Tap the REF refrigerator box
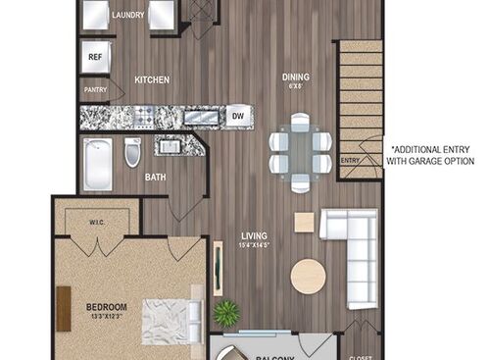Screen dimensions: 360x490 [x=95, y=57]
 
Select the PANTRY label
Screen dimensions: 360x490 [x=95, y=90]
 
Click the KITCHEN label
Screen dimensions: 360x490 [x=152, y=79]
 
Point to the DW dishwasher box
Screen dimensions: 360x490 [x=237, y=117]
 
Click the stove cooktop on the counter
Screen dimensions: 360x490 [x=145, y=119]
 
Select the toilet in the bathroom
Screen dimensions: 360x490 [x=132, y=152]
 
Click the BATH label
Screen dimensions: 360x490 [x=155, y=178]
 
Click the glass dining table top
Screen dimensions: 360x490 [x=301, y=150]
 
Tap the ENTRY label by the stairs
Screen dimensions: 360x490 [x=350, y=160]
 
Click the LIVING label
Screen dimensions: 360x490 [x=256, y=234]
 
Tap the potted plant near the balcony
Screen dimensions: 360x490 [x=226, y=315]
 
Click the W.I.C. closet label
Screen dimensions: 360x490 [x=98, y=222]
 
